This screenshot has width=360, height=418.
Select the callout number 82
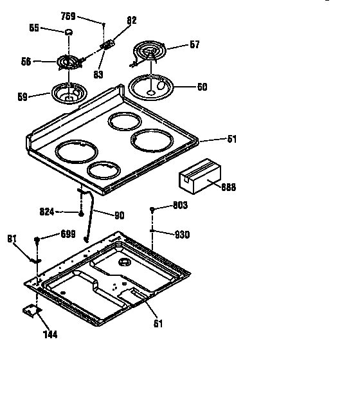click(131, 21)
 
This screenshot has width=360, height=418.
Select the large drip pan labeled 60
click(152, 86)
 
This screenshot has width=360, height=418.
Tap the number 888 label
click(228, 187)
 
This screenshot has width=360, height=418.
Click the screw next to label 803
click(152, 210)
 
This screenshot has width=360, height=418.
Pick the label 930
click(183, 235)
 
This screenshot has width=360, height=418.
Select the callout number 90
click(119, 215)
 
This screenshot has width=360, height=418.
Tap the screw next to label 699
click(39, 239)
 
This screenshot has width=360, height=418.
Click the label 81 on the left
click(12, 239)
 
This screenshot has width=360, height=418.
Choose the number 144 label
click(50, 334)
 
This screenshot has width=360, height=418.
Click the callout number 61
click(158, 323)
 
